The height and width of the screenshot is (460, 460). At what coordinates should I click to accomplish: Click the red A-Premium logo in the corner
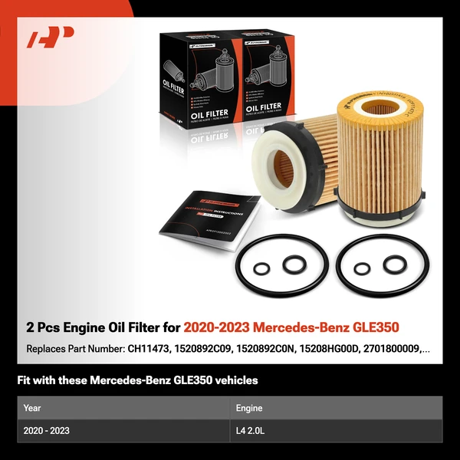coord(51,38)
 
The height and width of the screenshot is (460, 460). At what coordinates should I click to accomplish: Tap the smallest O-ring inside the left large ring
coord(261,270)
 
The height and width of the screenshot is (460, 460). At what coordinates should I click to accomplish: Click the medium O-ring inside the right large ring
coord(395,264)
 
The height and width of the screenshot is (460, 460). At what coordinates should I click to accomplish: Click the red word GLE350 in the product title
coord(371,327)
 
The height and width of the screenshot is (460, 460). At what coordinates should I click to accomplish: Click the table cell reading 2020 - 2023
coord(46,431)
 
